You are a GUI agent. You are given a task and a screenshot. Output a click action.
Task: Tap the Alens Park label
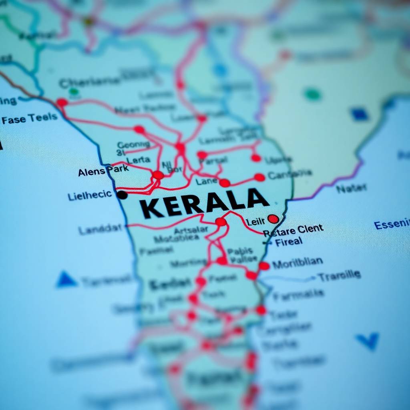pyautogui.click(x=103, y=171)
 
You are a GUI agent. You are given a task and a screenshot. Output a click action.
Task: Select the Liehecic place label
pyautogui.click(x=90, y=196)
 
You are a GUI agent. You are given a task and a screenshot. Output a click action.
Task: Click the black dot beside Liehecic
pyautogui.click(x=122, y=195)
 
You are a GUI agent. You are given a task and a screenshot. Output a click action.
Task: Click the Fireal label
pyautogui.click(x=288, y=242)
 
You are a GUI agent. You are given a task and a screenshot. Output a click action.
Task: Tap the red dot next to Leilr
pyautogui.click(x=273, y=219)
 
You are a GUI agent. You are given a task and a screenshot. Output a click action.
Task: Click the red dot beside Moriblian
pyautogui.click(x=264, y=266)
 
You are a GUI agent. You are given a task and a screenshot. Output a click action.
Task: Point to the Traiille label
pyautogui.click(x=339, y=275)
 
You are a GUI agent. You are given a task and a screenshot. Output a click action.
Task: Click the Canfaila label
pyautogui.click(x=289, y=174)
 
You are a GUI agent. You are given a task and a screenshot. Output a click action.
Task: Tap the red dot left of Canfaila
pyautogui.click(x=259, y=177)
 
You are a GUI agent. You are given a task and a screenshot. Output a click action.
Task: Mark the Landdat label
pyautogui.click(x=100, y=229)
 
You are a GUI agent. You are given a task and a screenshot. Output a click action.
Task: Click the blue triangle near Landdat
pyautogui.click(x=66, y=279)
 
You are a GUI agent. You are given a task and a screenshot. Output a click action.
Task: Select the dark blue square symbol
pyautogui.click(x=360, y=115)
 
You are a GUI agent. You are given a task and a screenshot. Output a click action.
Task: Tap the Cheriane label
pyautogui.click(x=89, y=82)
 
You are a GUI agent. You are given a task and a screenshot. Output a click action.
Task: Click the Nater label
pyautogui.click(x=351, y=188)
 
